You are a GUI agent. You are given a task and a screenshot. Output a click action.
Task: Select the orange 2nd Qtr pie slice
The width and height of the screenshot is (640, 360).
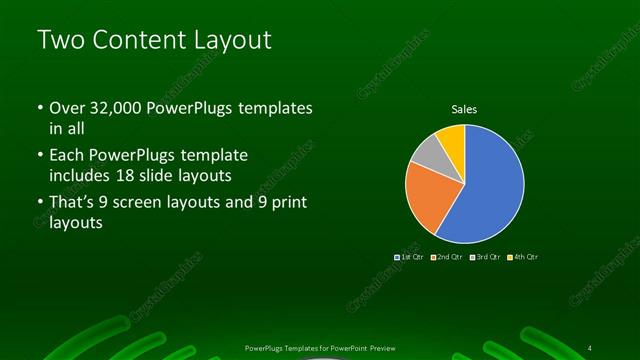point(428,198)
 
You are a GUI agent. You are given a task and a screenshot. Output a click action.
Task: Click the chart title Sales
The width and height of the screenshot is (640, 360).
point(464,108)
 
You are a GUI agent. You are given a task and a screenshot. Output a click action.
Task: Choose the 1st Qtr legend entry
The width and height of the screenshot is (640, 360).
point(411,257)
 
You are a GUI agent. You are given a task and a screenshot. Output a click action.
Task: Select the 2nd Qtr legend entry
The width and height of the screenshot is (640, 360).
point(447,257)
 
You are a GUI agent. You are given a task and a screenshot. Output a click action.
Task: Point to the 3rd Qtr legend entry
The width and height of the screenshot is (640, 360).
point(486,257)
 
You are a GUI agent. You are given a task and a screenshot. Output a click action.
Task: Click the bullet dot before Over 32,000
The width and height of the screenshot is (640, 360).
point(39,108)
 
